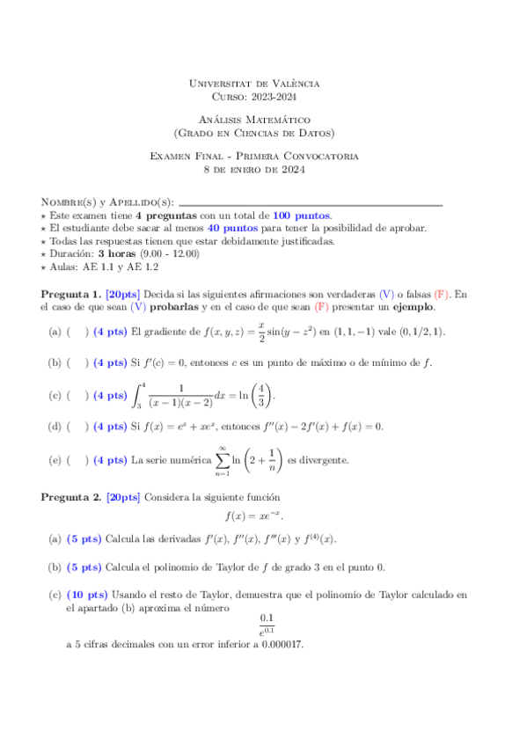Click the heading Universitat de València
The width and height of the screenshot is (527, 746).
click(x=255, y=84)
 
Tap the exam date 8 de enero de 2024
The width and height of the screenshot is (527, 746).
click(x=254, y=169)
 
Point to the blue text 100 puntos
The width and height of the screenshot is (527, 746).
click(x=302, y=216)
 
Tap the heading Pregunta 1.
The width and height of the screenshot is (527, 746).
click(x=70, y=294)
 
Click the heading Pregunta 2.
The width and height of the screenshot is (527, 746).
click(x=70, y=497)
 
